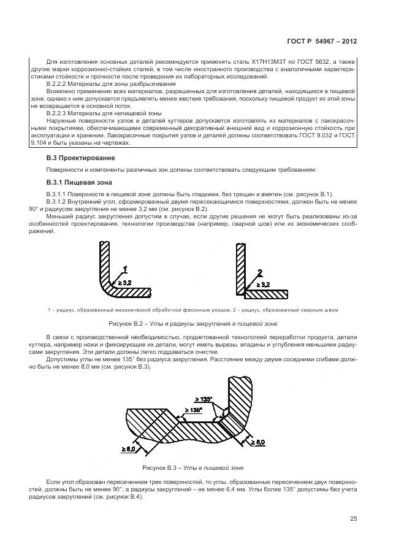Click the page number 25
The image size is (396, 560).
click(x=354, y=519)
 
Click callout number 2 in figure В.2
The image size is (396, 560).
click(x=259, y=272)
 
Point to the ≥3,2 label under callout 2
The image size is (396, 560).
click(x=262, y=285)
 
